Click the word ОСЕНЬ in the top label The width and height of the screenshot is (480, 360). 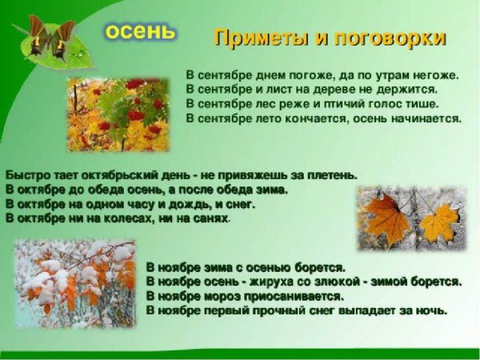click(140, 31)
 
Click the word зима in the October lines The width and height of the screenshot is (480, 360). click(270, 190)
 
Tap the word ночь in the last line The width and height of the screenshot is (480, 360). click(432, 310)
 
